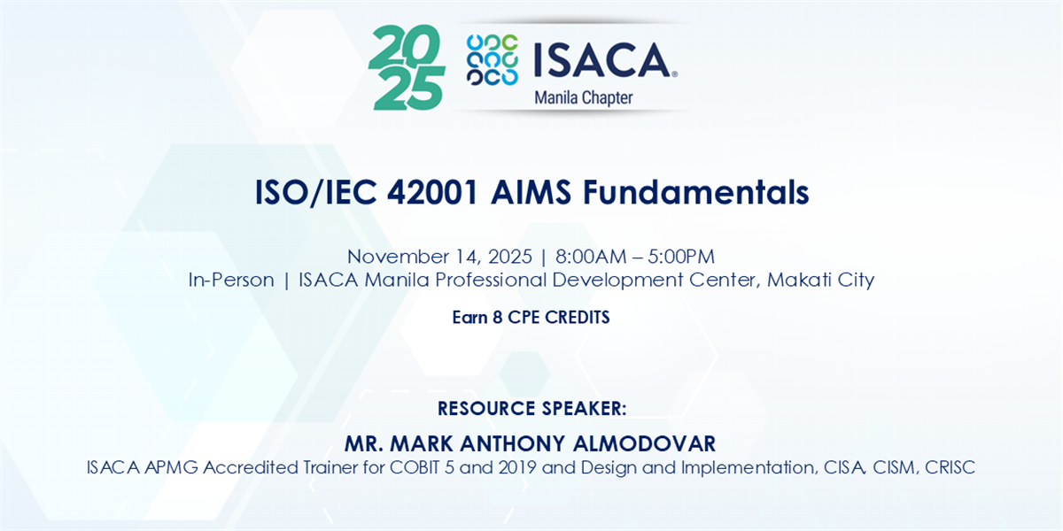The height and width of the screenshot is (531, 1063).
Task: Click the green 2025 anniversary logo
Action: coord(407,67)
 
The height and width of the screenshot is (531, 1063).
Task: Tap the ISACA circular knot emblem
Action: coord(493,60)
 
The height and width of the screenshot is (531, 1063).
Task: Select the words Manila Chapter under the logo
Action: coord(584,97)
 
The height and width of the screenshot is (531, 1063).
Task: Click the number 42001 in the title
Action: coord(432,193)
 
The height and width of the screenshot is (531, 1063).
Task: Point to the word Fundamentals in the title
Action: coord(695,193)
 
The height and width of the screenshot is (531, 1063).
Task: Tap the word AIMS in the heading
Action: coord(531,193)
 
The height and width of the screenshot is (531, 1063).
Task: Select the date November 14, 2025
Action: coord(439,257)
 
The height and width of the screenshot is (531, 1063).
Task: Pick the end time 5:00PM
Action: coord(681,257)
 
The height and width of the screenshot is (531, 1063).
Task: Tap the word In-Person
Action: coord(231,280)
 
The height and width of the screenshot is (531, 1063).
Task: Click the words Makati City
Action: coord(820,280)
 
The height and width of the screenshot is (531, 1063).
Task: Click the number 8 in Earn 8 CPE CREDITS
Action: coord(497,317)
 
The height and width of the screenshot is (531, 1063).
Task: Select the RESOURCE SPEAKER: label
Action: coord(532,409)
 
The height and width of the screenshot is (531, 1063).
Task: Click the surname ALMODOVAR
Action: coord(645,443)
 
